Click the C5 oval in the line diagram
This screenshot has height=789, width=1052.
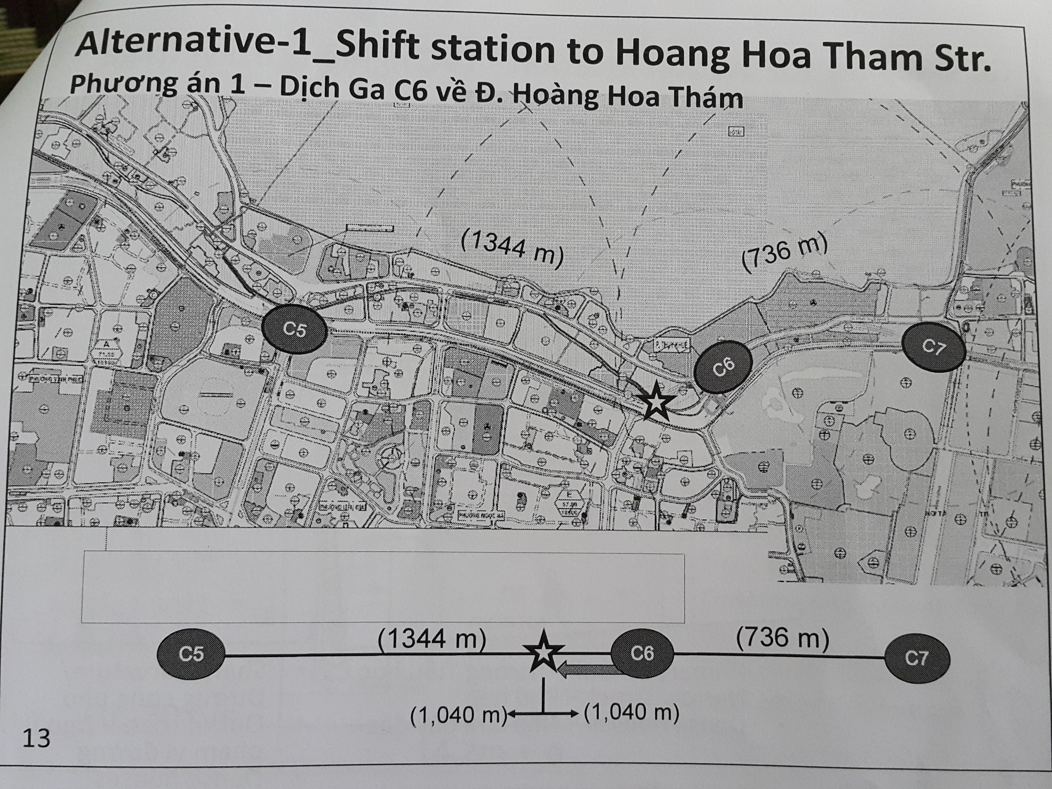[x=191, y=654]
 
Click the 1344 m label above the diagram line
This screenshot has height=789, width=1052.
[x=432, y=639]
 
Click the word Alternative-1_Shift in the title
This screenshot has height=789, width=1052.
[x=247, y=45]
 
